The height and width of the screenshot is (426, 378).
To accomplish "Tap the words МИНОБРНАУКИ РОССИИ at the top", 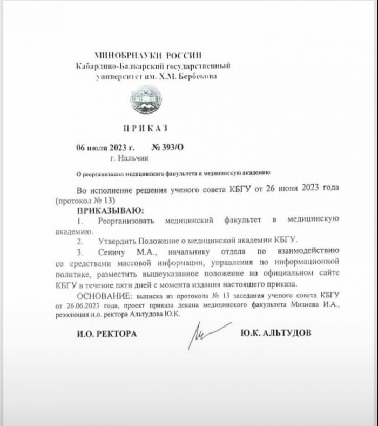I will click(147, 55).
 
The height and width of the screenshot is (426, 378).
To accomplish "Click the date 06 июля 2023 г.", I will click(105, 147).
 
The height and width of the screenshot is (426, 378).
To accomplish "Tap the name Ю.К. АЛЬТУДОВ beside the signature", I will click(276, 332).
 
